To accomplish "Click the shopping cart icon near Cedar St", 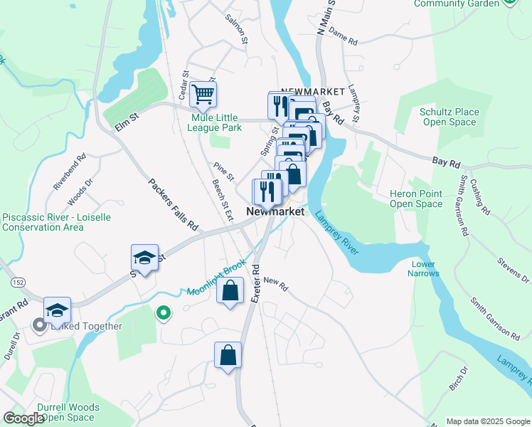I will pyautogui.click(x=203, y=93).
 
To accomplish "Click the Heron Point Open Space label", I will pyautogui.click(x=416, y=199).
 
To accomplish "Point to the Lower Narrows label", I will pyautogui.click(x=422, y=268).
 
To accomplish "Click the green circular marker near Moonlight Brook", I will pyautogui.click(x=163, y=312).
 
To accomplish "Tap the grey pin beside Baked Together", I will pyautogui.click(x=39, y=325).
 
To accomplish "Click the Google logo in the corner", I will pyautogui.click(x=23, y=418).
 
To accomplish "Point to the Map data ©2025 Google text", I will pyautogui.click(x=487, y=421).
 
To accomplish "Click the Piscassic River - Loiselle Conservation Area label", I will pyautogui.click(x=56, y=222).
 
